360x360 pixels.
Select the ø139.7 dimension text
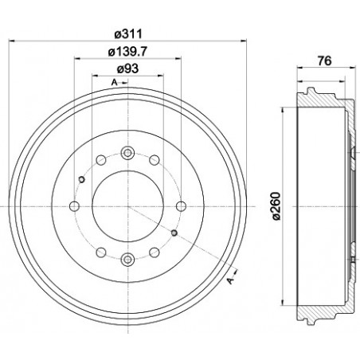128,53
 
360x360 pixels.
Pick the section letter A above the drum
114,83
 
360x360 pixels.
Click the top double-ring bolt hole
127,154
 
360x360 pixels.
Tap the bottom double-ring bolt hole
127,257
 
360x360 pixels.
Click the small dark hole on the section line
174,233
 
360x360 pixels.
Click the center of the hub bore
127,205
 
